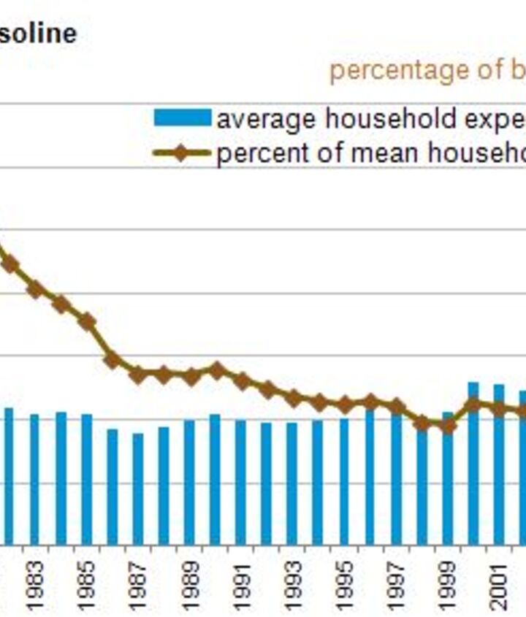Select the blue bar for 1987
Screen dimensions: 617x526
tap(137, 489)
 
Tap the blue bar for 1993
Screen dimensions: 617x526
tap(292, 483)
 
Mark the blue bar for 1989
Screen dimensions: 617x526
tap(189, 482)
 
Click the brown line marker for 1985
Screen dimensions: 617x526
tap(86, 321)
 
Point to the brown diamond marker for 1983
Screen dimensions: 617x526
tap(35, 289)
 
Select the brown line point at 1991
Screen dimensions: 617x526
tap(242, 380)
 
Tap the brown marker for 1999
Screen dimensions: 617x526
tap(448, 424)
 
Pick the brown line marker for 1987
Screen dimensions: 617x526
tap(137, 375)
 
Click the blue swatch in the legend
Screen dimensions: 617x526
tap(182, 118)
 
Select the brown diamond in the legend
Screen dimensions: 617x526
tap(182, 153)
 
